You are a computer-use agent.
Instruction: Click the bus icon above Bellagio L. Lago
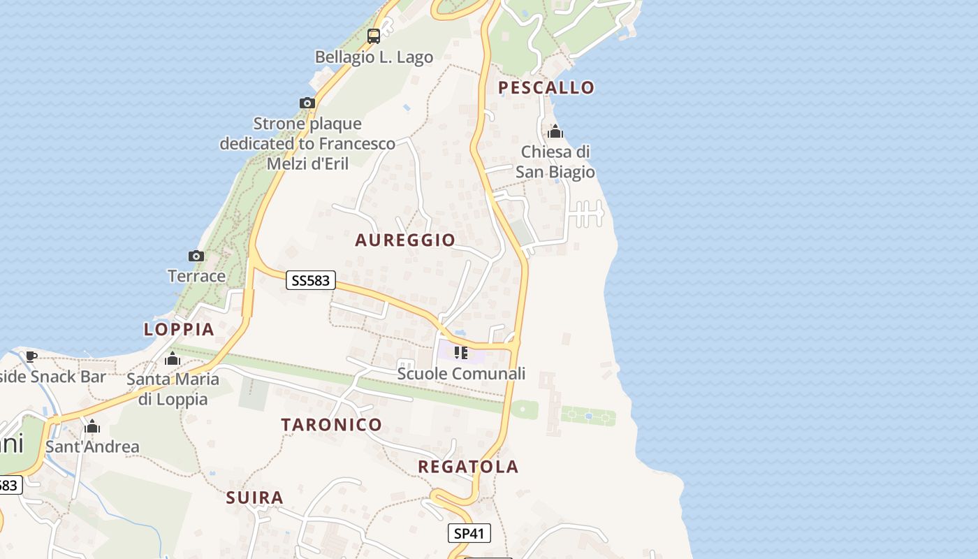click(374, 36)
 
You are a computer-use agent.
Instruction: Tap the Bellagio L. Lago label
click(374, 57)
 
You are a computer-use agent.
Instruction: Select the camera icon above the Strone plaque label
click(307, 103)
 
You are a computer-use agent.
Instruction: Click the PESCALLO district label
click(546, 87)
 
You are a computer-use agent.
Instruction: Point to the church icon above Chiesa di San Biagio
click(555, 131)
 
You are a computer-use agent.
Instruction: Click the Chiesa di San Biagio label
click(555, 162)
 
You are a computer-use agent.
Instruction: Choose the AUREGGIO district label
click(405, 240)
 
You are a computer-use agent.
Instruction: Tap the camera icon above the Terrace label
click(196, 256)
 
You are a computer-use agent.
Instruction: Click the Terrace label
click(196, 276)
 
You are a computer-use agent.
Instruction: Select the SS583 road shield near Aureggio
click(311, 281)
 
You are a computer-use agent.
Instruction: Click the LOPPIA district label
click(179, 330)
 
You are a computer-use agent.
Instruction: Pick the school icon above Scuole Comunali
click(460, 353)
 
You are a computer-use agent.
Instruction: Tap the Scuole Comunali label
click(461, 374)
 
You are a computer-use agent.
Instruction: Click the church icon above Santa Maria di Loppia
click(172, 359)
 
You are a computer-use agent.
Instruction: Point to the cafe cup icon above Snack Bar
click(31, 356)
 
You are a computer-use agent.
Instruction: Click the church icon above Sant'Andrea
click(92, 426)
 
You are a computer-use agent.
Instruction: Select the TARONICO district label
click(332, 425)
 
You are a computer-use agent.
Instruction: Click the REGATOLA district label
click(468, 467)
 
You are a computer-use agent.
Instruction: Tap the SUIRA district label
click(255, 498)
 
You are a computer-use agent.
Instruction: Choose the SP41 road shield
click(469, 534)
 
